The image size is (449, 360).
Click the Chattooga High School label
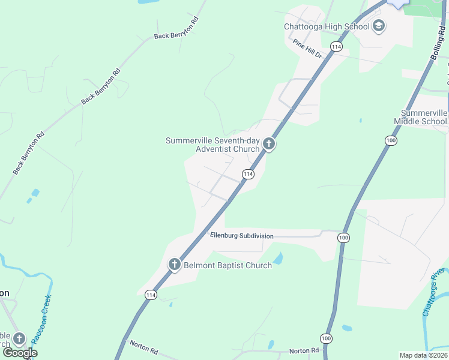(x=327, y=26)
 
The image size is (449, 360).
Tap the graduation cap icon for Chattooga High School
(x=379, y=26)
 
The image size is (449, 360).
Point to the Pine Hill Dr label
(x=308, y=48)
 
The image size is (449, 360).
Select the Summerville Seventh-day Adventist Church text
(x=212, y=145)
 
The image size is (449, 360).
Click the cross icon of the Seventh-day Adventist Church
(x=269, y=144)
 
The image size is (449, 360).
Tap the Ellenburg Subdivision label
(x=242, y=236)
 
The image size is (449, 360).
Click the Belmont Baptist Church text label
(x=228, y=265)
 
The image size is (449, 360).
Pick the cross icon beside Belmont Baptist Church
(x=175, y=264)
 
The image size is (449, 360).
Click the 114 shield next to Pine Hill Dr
(x=336, y=47)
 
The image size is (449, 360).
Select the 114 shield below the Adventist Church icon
(x=248, y=174)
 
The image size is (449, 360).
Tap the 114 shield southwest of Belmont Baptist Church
(x=151, y=295)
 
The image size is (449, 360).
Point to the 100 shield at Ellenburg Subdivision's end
(x=343, y=238)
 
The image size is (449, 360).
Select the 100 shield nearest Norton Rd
(x=326, y=338)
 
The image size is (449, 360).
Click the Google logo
(x=19, y=353)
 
